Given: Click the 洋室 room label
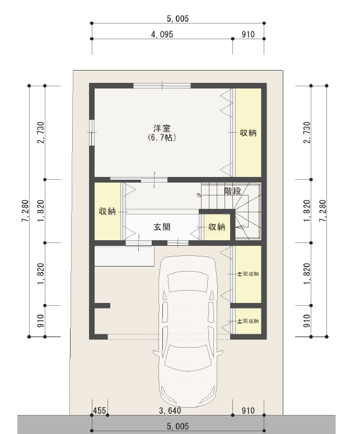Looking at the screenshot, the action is [162, 128].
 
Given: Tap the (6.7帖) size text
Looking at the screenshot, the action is [162, 138].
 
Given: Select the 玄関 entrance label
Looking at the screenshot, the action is [162, 227].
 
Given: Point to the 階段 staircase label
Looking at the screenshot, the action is [232, 191].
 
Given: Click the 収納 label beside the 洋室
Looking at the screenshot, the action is [248, 133].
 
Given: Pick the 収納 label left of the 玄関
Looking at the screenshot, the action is [107, 212].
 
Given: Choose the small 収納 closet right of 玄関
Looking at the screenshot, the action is [217, 227].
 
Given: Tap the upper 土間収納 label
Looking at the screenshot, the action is [248, 274].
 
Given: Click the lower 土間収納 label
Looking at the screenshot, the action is [248, 321].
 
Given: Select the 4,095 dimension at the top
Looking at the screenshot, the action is [162, 34].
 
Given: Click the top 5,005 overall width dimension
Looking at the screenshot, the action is [177, 18].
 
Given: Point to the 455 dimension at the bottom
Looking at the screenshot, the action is [99, 410].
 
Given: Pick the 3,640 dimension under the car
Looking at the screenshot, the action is [170, 410].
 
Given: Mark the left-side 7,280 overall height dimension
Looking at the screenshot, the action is [25, 211].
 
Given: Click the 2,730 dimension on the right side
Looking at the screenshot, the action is [307, 132].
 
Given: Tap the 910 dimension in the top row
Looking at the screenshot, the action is [248, 34].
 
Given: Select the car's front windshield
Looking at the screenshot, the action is [188, 282].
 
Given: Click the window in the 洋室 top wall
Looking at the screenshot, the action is [162, 86].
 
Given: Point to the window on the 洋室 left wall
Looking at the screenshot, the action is [92, 132].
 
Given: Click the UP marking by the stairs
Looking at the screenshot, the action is [198, 195].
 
